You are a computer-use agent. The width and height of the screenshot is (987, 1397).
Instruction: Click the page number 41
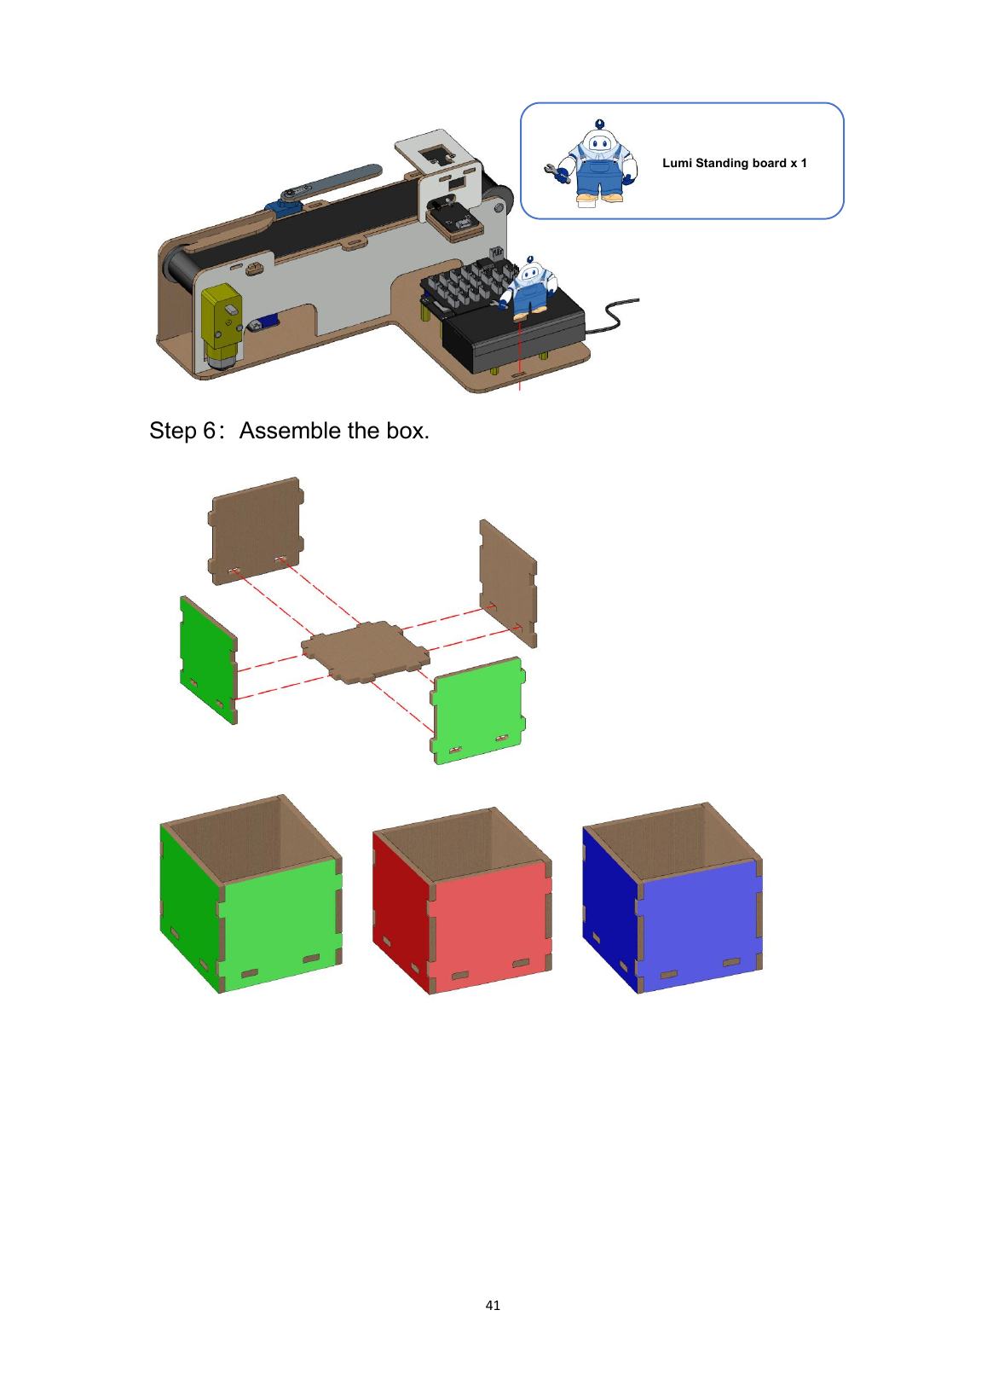pos(493,1305)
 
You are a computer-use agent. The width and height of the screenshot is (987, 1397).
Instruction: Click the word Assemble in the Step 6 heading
pos(291,431)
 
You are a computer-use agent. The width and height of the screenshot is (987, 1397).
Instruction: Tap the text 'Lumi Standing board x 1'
pos(734,163)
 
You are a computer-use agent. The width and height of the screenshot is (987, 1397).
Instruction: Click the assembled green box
pos(251,893)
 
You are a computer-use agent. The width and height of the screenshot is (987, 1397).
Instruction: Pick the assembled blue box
pos(672,897)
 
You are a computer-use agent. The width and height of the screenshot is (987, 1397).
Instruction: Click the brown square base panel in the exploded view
pos(366,652)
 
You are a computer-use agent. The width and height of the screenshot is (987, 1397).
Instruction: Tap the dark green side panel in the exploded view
pos(208,659)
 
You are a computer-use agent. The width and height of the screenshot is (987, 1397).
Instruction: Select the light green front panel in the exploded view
pos(478,710)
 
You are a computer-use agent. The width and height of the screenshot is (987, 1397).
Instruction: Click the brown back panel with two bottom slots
pos(256,530)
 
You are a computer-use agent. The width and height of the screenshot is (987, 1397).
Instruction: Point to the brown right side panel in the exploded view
pos(508,583)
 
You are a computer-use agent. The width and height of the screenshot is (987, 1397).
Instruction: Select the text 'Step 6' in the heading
pos(182,431)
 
